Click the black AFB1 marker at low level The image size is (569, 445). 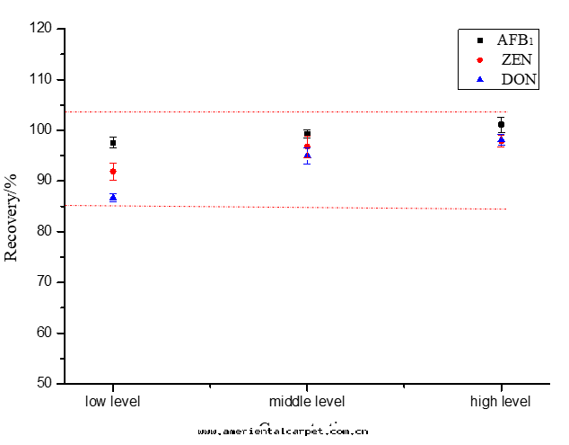coord(113,142)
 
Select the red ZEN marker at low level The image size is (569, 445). coord(113,171)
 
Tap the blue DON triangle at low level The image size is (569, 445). coord(113,197)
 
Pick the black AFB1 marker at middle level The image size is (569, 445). coord(307,133)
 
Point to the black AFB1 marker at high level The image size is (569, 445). coord(501,124)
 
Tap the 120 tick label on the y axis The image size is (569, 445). coord(41,29)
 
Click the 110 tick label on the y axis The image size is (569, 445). coord(41,79)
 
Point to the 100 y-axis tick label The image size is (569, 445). coord(41,130)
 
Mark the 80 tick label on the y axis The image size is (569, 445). coord(45,231)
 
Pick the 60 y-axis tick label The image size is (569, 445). coord(45,333)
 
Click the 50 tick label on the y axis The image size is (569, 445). coord(45,384)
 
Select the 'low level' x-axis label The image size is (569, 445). coord(113,401)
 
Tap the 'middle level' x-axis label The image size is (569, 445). coord(307,401)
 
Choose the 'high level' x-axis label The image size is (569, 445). coord(501,401)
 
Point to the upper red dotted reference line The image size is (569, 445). coord(269,111)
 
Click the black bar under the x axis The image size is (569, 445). coord(283,432)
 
